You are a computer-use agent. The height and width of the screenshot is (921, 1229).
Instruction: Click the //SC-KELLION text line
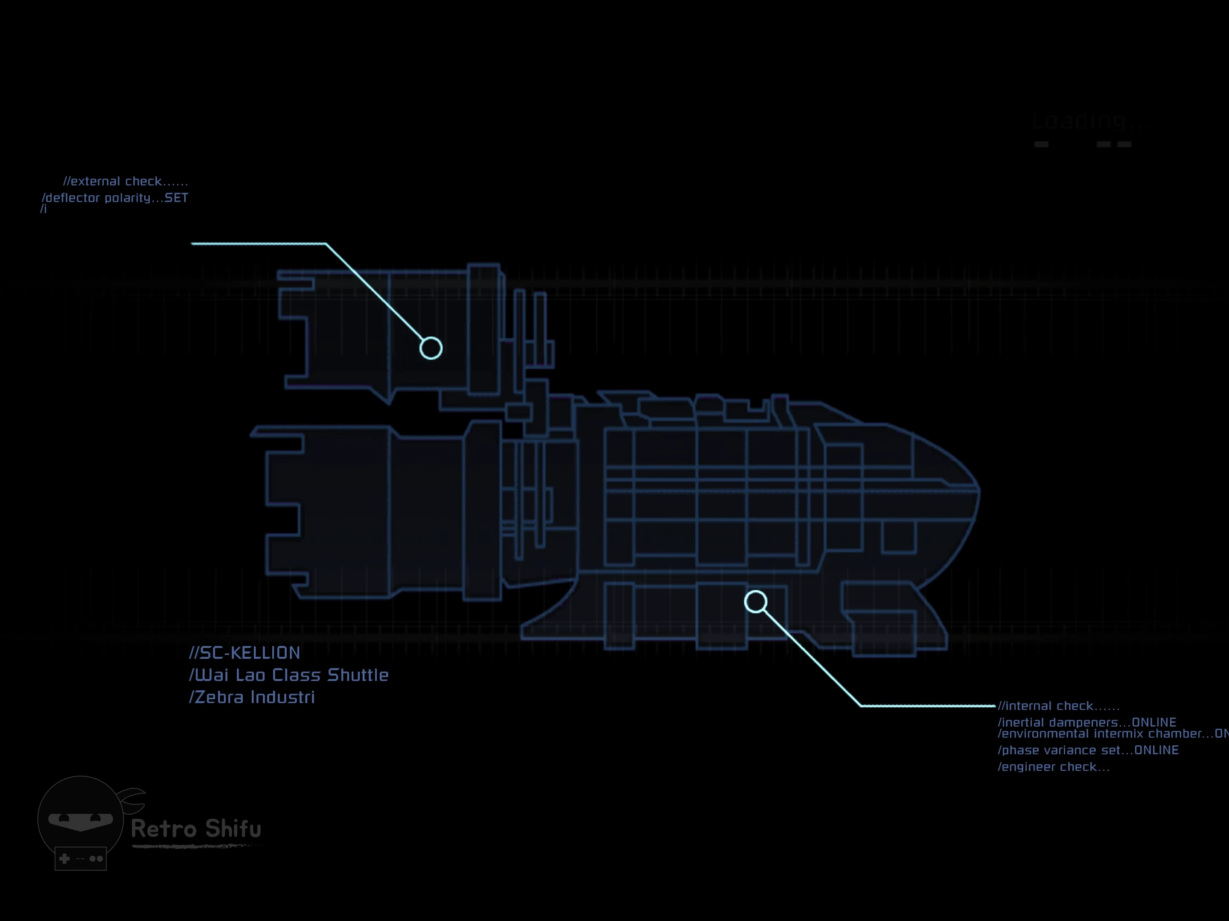tap(245, 653)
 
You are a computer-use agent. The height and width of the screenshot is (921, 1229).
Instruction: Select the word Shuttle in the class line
tap(358, 675)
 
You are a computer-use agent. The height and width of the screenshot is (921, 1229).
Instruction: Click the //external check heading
tap(125, 182)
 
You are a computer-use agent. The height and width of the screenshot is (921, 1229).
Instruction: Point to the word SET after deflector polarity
tap(176, 198)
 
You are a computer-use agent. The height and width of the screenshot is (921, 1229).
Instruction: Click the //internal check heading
tap(1058, 706)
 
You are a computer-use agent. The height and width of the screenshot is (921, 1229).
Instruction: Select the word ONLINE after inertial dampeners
tap(1154, 722)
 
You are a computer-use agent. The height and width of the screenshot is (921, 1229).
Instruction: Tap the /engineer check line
tap(1054, 767)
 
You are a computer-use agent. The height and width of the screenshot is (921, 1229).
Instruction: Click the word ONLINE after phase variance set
tap(1156, 750)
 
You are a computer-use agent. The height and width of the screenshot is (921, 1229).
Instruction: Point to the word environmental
tap(1045, 734)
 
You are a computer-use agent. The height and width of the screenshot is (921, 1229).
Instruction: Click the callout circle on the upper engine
tap(431, 349)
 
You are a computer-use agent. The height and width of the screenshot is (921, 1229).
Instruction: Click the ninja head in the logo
tap(81, 816)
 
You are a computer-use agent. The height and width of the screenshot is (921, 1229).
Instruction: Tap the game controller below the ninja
tap(81, 859)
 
